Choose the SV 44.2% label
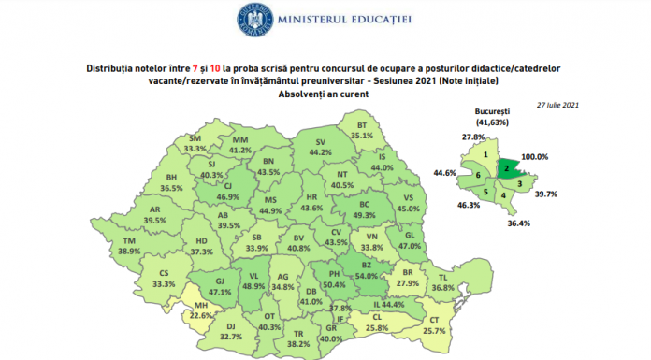coord(321,146)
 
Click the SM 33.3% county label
coord(195,143)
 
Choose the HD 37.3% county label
coord(195,245)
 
